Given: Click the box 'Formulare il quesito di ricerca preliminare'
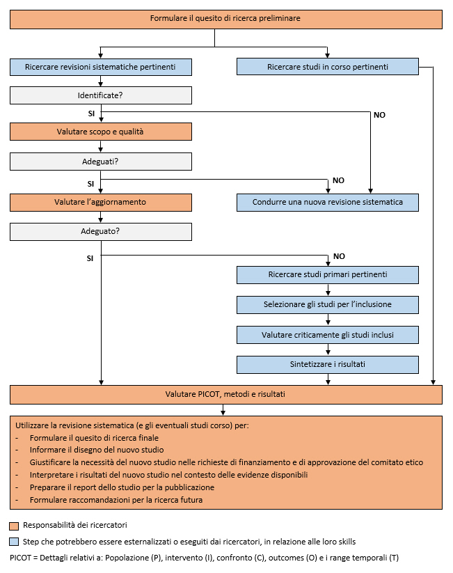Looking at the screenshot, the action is (225, 19).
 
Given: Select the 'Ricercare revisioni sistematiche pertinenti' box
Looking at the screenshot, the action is (101, 67).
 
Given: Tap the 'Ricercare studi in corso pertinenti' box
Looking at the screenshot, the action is (328, 67).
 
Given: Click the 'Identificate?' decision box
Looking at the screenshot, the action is (101, 95).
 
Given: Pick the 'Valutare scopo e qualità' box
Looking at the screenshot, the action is (101, 132).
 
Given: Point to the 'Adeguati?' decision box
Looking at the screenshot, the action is (101, 162).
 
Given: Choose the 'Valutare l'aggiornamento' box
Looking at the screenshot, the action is (101, 203).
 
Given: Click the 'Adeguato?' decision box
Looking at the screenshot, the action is (101, 232).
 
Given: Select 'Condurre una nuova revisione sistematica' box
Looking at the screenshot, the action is (328, 203).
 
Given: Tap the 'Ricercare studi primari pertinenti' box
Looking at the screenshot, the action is (328, 275).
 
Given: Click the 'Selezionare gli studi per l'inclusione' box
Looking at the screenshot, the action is (328, 305).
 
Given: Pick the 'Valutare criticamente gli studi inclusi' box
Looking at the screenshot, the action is (328, 335).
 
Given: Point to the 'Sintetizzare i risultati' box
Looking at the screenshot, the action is (328, 365).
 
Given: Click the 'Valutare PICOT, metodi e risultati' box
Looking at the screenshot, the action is (225, 395).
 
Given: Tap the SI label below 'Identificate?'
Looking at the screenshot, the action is (91, 113).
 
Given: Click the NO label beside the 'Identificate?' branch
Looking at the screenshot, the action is (379, 115).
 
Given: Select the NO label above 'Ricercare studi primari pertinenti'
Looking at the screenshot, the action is (339, 256).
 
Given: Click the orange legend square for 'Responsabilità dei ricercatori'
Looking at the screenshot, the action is (14, 526).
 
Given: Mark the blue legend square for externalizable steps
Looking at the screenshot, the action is (14, 542).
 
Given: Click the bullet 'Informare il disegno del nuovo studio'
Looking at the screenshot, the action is (97, 450).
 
